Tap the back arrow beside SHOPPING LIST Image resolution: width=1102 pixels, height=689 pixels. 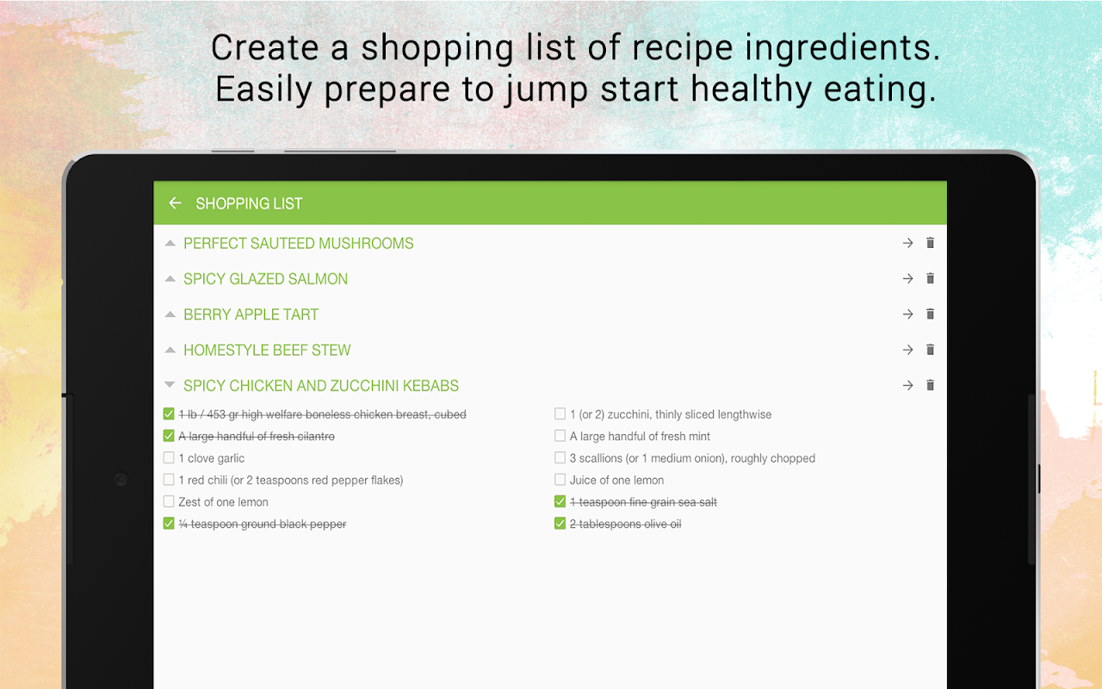click(x=175, y=202)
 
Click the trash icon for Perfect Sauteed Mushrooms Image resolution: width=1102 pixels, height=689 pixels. click(x=930, y=243)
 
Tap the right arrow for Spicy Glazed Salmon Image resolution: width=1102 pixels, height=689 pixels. click(x=907, y=278)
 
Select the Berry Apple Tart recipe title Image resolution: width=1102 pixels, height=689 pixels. click(x=251, y=314)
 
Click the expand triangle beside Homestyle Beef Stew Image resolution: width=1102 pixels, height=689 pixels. click(x=170, y=350)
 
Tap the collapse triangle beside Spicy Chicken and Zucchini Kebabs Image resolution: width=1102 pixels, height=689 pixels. click(x=170, y=385)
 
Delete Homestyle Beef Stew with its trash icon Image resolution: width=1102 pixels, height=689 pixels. click(x=930, y=350)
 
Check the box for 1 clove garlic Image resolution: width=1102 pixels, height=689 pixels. click(x=169, y=457)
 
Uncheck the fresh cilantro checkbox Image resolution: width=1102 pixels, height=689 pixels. click(x=169, y=436)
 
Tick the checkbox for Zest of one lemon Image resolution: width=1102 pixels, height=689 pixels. click(x=169, y=501)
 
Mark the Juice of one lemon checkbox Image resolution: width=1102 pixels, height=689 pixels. click(x=560, y=480)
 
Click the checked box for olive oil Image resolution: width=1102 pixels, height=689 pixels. click(x=560, y=523)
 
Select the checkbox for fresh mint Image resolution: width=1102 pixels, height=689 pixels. click(x=560, y=436)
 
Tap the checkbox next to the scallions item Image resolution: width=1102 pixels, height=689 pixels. click(x=560, y=457)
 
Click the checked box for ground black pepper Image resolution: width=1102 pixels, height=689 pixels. click(x=169, y=523)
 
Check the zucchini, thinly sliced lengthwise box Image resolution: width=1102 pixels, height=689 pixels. click(x=560, y=413)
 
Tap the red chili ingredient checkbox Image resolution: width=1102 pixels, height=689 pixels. click(x=169, y=480)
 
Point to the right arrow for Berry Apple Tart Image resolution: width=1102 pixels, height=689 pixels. click(x=907, y=314)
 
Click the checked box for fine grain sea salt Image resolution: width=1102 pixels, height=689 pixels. click(x=560, y=501)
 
